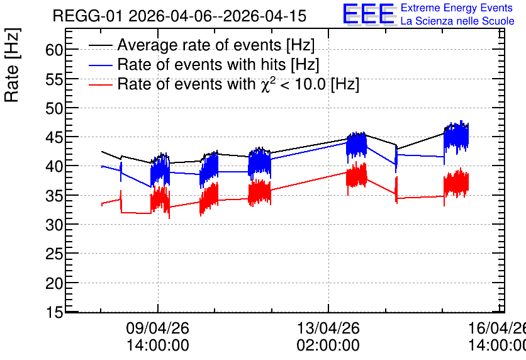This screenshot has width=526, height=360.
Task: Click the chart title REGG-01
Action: (x=88, y=16)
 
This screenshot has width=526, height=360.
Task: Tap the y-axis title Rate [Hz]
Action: (x=12, y=65)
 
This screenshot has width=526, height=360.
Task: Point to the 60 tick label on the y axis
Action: (x=54, y=50)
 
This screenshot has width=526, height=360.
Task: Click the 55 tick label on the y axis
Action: (x=54, y=79)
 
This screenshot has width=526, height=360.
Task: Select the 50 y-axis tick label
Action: (x=54, y=108)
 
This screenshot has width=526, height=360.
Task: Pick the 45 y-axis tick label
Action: (x=54, y=138)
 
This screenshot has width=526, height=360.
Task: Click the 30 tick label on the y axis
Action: (x=54, y=225)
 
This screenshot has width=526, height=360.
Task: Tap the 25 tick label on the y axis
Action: (x=54, y=254)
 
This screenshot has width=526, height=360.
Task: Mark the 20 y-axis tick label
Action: (x=54, y=283)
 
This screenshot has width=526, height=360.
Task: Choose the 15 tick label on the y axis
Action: (x=54, y=312)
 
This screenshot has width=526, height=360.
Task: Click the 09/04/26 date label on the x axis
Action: (x=158, y=328)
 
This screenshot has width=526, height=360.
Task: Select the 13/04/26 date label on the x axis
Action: (x=328, y=328)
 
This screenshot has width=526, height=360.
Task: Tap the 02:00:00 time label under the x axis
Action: (x=328, y=346)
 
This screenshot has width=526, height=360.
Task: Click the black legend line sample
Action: (x=101, y=45)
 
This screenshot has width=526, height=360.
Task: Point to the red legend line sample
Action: (x=101, y=84)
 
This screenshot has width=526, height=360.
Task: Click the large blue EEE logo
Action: (x=369, y=14)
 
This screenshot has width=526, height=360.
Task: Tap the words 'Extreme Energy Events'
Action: (x=457, y=8)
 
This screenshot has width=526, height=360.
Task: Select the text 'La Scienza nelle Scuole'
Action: (x=457, y=21)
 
